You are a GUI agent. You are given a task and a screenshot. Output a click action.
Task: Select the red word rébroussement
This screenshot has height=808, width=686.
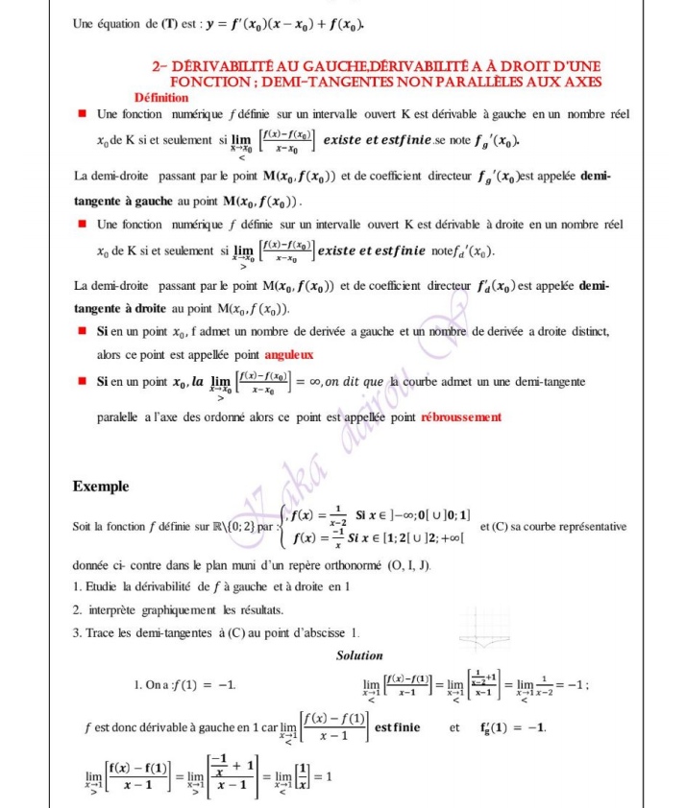click(x=461, y=417)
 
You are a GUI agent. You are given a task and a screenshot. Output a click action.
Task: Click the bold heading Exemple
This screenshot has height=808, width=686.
click(x=101, y=487)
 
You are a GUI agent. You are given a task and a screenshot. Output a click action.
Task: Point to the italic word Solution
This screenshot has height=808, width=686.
click(x=359, y=655)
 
